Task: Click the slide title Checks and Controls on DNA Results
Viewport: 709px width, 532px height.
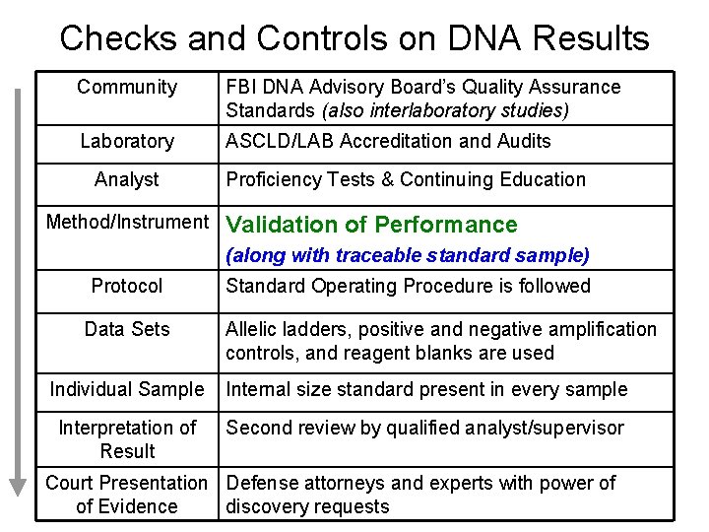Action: [354, 38]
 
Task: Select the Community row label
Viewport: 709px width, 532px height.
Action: [127, 87]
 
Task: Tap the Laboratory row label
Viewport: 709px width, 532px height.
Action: [127, 141]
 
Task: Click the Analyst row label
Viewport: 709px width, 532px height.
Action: [127, 179]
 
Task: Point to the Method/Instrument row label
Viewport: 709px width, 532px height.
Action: [128, 223]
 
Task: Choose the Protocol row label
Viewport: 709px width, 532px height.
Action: [127, 286]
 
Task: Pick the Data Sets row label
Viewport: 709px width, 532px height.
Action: [127, 329]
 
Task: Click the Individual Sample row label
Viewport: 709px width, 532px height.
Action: [127, 389]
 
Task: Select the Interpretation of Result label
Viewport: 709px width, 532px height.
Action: [127, 439]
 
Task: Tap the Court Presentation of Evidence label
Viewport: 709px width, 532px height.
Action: [127, 495]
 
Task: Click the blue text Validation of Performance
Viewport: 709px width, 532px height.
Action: [371, 225]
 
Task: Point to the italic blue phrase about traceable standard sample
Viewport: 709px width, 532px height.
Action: [408, 256]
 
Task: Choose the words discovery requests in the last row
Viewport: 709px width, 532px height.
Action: [307, 506]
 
